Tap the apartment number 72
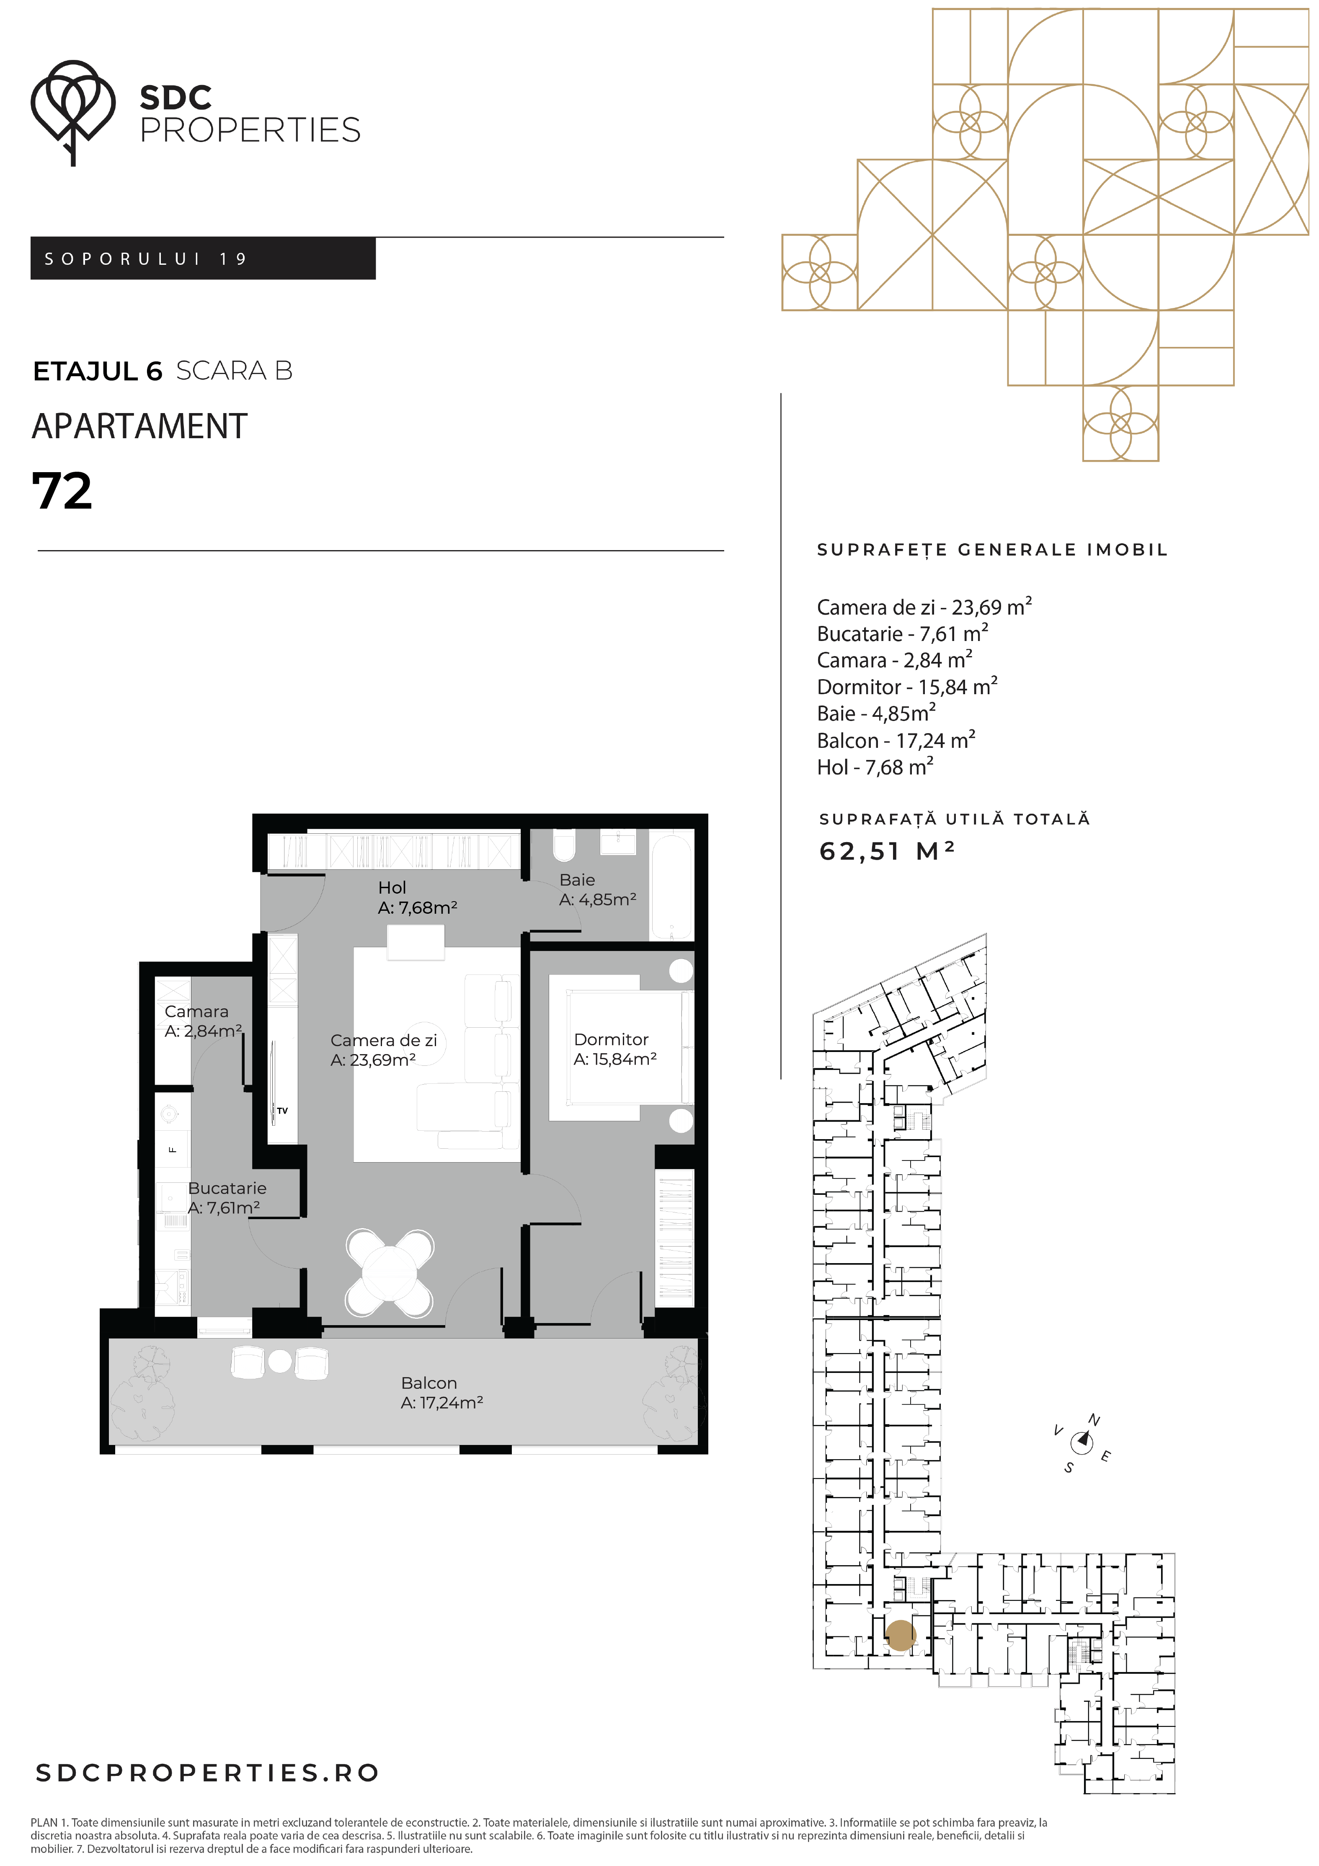click(x=62, y=492)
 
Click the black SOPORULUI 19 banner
click(x=203, y=258)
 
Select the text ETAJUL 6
click(x=98, y=372)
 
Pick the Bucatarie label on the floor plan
click(x=227, y=1198)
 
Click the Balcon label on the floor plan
click(x=442, y=1393)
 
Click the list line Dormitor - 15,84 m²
click(x=907, y=687)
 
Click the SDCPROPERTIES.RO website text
click(x=207, y=1773)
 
